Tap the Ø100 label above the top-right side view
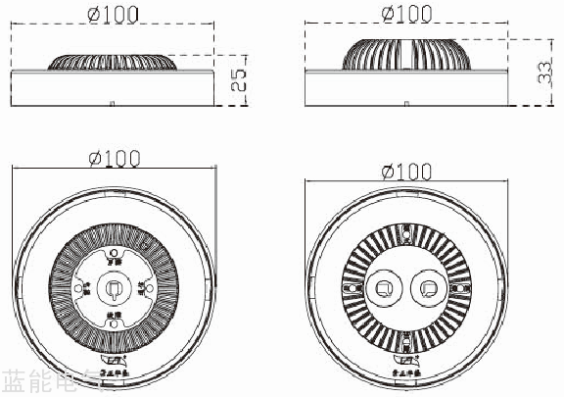point(406,13)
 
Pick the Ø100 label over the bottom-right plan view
point(406,172)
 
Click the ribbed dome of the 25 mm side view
point(114,61)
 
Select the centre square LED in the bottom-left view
point(114,288)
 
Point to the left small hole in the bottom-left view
point(86,288)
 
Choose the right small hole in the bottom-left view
point(142,288)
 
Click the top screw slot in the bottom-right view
point(406,234)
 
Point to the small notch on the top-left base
point(114,102)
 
